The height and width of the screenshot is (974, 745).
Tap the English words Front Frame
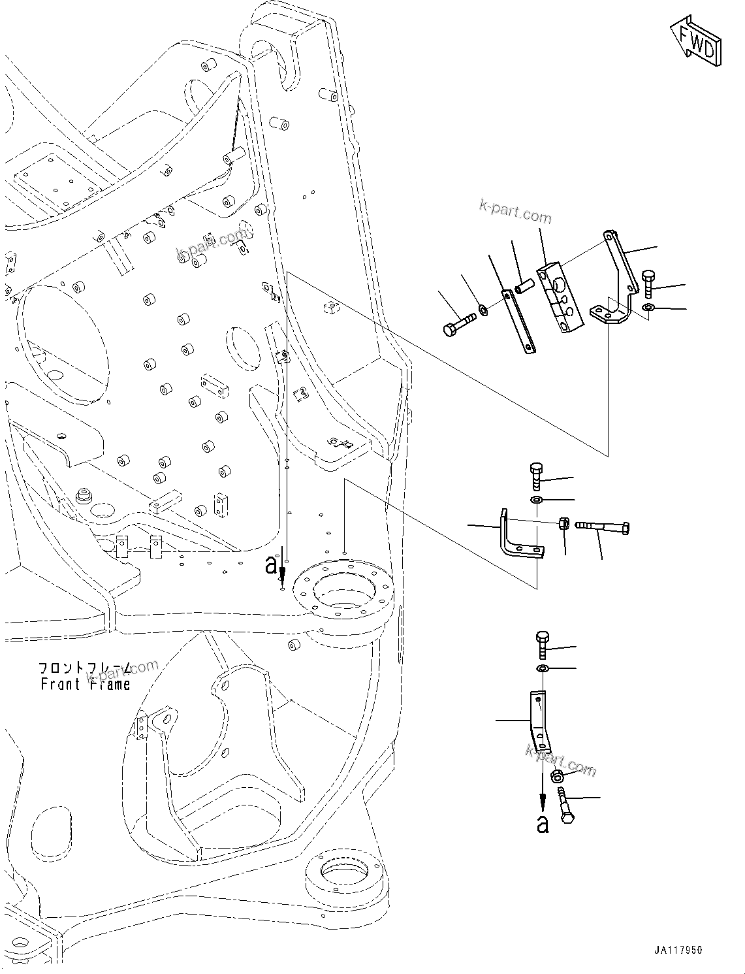85,684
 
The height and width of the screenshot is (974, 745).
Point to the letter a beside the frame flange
271,565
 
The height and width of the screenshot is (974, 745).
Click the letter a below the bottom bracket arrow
543,825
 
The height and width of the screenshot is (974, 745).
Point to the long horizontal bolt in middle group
603,527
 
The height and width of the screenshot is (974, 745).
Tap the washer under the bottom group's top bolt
543,669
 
